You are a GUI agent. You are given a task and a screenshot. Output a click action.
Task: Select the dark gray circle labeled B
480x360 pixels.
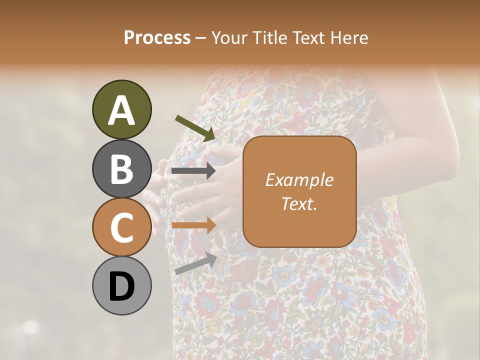(x=121, y=168)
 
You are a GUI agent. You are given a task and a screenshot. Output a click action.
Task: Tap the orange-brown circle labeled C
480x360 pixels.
(x=121, y=227)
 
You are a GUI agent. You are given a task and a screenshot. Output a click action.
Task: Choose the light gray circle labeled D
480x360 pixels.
(x=121, y=286)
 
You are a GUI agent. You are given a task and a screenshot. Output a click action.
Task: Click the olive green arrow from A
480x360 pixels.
(x=195, y=128)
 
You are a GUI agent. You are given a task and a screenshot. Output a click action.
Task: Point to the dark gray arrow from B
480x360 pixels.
(x=193, y=171)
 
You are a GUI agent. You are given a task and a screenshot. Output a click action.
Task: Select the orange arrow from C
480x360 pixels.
(x=193, y=225)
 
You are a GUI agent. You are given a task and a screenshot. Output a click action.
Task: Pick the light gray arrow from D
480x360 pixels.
(x=195, y=263)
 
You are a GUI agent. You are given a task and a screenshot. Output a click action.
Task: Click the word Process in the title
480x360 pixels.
(x=157, y=38)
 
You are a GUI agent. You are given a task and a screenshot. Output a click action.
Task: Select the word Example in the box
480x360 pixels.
(x=299, y=180)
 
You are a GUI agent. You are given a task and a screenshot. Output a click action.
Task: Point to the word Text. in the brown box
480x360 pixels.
(x=299, y=203)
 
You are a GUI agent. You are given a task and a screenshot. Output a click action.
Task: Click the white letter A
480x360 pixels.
(x=121, y=110)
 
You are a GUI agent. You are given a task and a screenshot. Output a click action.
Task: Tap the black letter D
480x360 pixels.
(x=121, y=287)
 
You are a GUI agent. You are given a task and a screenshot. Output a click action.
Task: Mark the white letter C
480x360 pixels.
(x=121, y=228)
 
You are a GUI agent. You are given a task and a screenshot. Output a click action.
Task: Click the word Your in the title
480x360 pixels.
(x=227, y=38)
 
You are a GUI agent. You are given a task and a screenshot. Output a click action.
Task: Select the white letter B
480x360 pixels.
(x=121, y=169)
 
